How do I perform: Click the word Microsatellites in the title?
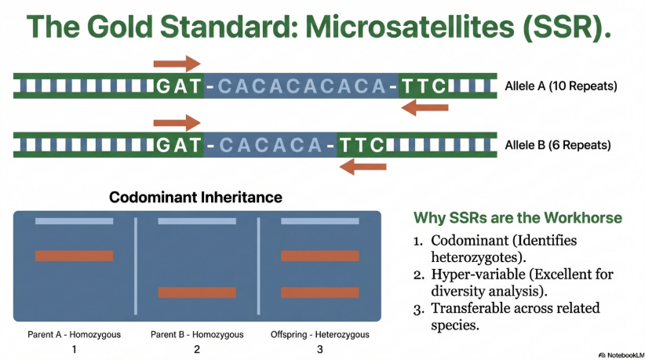click(x=410, y=27)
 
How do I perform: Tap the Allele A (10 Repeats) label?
click(x=561, y=86)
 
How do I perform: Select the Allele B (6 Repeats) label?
click(x=557, y=144)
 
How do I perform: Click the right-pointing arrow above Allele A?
click(x=177, y=64)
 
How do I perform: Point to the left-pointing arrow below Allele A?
click(x=425, y=107)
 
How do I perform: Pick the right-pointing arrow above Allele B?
click(x=177, y=122)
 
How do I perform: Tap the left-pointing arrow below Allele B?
click(x=363, y=166)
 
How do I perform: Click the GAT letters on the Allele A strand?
click(x=179, y=86)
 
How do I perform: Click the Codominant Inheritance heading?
click(x=195, y=198)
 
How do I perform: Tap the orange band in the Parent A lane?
click(x=74, y=256)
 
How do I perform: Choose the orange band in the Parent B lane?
click(x=197, y=293)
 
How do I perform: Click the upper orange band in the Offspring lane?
click(x=320, y=256)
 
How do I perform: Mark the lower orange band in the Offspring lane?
click(x=320, y=293)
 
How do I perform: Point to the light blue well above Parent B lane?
click(x=197, y=221)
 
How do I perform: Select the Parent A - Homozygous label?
click(x=74, y=335)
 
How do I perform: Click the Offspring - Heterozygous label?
click(x=319, y=335)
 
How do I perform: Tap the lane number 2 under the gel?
click(x=197, y=349)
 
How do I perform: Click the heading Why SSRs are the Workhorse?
click(x=517, y=218)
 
